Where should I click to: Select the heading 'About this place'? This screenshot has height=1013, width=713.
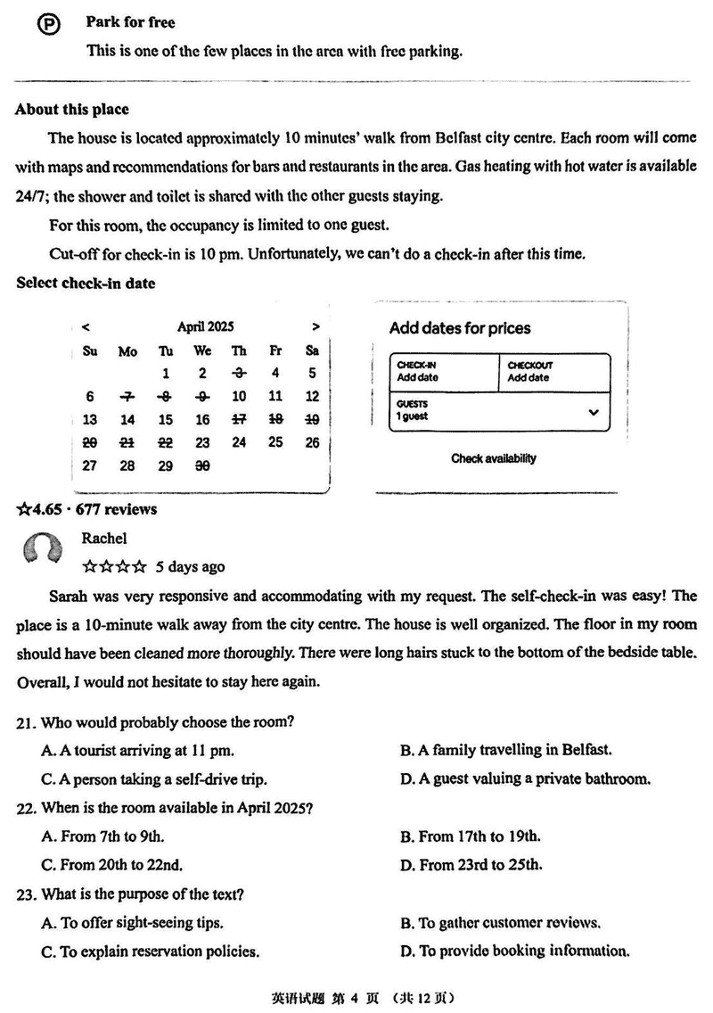pos(71,110)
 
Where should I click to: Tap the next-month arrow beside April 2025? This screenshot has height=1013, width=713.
pos(316,327)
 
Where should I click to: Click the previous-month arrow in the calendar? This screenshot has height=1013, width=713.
pos(85,327)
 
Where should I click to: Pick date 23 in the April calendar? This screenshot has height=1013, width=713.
pos(202,442)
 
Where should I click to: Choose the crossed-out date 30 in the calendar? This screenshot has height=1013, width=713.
pos(202,465)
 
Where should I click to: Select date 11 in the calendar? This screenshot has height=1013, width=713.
pos(275,397)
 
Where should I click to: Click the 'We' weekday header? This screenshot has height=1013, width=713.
pos(202,351)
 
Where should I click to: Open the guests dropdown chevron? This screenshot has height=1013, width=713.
pos(594,413)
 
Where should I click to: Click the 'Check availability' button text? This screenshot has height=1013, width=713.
pos(494,458)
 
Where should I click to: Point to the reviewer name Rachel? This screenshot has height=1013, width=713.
pos(104,538)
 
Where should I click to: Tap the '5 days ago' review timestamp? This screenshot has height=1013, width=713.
pos(190,566)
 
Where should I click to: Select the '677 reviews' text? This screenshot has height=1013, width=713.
pos(118,509)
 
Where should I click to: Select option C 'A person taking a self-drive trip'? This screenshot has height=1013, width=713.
pos(154,779)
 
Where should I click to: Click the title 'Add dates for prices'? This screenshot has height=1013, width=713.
pos(460,328)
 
